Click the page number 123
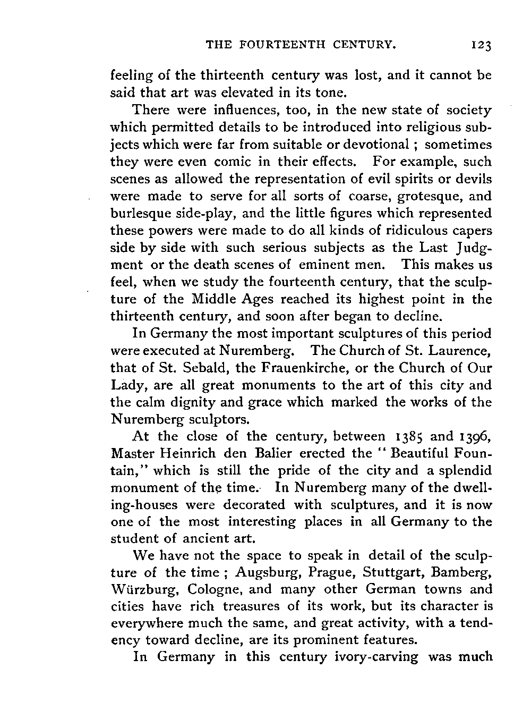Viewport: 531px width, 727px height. point(482,46)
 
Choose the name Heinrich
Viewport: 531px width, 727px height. point(186,453)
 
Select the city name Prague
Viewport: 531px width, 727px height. point(325,572)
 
